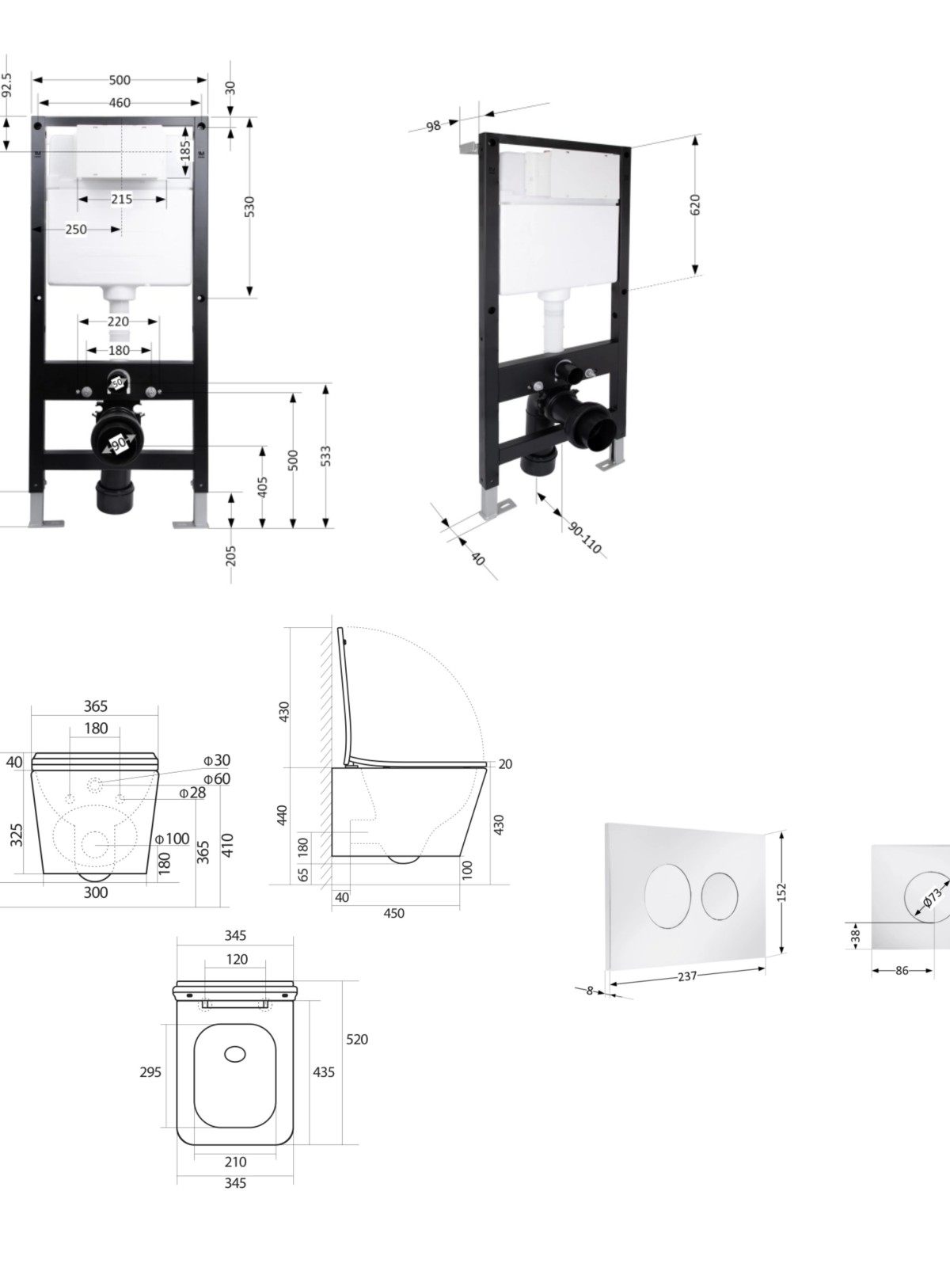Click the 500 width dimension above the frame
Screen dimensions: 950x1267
120,80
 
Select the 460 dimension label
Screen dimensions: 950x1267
120,103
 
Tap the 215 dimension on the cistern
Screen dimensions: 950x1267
121,199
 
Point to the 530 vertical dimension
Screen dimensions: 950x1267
249,206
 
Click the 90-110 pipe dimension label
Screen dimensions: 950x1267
585,537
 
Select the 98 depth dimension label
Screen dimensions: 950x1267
433,126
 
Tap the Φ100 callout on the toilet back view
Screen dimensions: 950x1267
173,838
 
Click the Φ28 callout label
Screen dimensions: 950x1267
192,793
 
